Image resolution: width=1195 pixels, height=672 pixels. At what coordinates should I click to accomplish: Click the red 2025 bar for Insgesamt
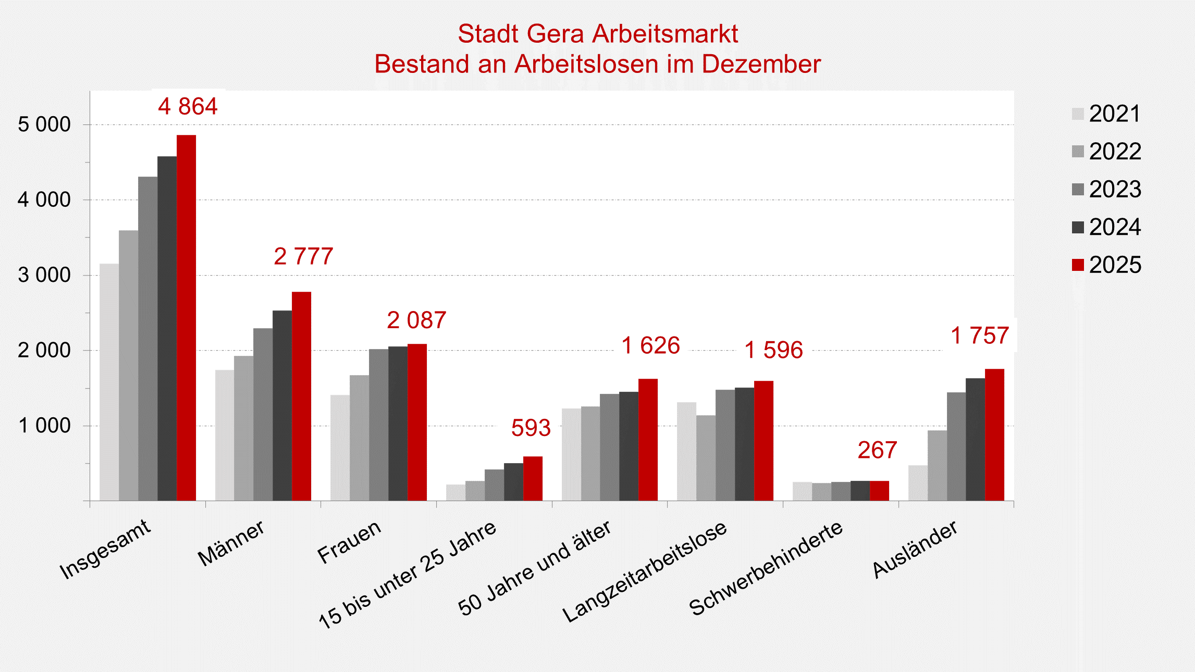(x=186, y=318)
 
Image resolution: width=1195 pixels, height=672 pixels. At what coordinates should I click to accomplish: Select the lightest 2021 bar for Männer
(x=225, y=435)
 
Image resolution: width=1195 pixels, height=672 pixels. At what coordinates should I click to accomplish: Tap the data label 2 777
(x=303, y=256)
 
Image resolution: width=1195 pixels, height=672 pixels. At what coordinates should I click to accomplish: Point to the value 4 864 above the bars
(x=188, y=106)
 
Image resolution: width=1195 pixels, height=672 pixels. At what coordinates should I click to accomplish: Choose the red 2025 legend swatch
(x=1078, y=265)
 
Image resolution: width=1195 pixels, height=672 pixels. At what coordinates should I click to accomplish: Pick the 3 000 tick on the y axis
(x=44, y=275)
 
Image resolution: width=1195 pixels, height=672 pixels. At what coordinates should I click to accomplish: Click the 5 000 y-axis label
(x=44, y=125)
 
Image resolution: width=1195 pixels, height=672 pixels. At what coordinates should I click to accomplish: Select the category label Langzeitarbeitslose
(x=645, y=571)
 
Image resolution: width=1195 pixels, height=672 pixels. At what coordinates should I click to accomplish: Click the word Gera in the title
(x=555, y=34)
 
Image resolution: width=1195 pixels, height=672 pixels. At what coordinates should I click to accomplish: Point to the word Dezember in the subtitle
(x=761, y=64)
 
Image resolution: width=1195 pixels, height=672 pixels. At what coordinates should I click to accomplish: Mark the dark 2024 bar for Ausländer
(x=975, y=439)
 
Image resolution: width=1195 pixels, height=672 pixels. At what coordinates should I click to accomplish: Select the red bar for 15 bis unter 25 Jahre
(x=533, y=478)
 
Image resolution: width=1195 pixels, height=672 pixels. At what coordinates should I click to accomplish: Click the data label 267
(x=877, y=450)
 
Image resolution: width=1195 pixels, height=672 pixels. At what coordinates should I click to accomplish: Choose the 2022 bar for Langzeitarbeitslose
(x=706, y=457)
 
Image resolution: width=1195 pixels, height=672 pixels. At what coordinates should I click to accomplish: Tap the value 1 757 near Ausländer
(x=980, y=335)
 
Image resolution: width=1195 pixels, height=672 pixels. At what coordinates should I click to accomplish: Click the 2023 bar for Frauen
(x=378, y=425)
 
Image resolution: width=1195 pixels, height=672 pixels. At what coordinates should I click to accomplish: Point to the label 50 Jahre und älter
(x=534, y=568)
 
